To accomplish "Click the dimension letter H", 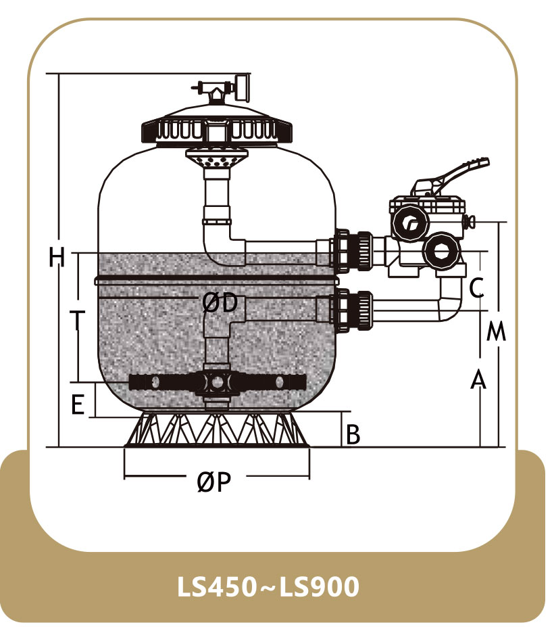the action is coord(56,257).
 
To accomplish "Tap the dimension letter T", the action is coord(77,321).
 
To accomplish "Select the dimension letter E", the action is coord(78,404).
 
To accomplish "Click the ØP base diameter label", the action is coord(214,481).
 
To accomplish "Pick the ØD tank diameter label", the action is coord(220,303).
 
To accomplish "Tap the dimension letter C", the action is coord(476,287).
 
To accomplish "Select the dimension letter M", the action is coord(496,331).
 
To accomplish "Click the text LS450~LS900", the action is coord(268,586).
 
